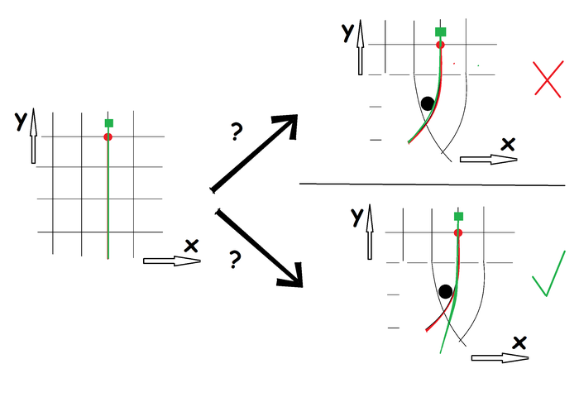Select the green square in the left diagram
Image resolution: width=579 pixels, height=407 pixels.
(x=108, y=123)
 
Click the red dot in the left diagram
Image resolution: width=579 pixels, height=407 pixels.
(x=108, y=136)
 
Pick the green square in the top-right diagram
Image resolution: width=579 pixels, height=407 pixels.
(x=441, y=31)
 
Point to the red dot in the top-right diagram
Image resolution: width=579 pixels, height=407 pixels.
(x=440, y=44)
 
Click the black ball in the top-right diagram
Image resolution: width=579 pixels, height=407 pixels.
(x=427, y=103)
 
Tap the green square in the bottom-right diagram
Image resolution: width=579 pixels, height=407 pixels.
(x=459, y=216)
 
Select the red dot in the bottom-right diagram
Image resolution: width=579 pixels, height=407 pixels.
(x=458, y=233)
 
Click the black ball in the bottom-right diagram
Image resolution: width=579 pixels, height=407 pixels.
(x=446, y=291)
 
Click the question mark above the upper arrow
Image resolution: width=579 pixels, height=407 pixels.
(x=237, y=132)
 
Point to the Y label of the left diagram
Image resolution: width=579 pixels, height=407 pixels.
(x=20, y=121)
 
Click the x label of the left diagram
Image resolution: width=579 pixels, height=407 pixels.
(x=191, y=245)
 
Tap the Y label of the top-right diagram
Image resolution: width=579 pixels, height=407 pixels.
(x=347, y=33)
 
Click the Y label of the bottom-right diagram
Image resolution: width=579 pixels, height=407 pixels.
(x=357, y=217)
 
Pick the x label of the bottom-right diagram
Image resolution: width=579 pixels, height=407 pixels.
(x=519, y=342)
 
